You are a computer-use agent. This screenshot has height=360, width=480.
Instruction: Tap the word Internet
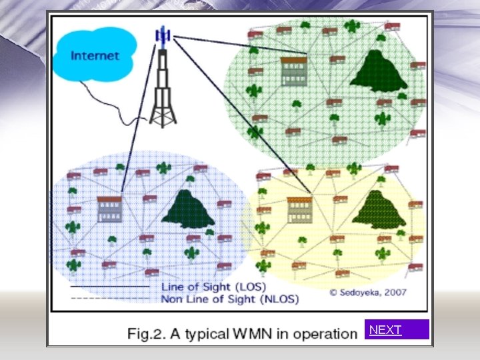pyautogui.click(x=94, y=55)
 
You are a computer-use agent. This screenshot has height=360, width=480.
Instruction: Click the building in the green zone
pyautogui.click(x=293, y=71)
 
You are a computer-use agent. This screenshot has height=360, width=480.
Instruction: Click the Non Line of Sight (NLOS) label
pyautogui.click(x=230, y=299)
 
